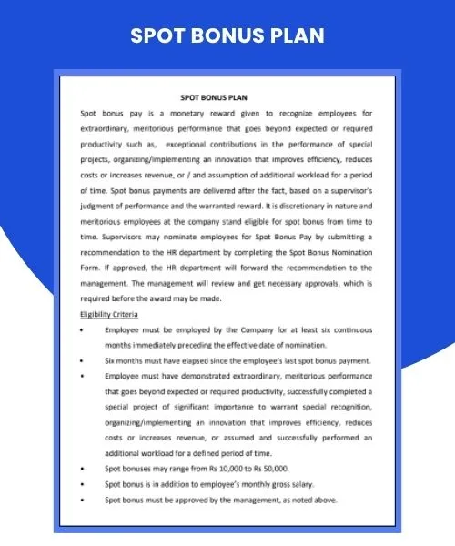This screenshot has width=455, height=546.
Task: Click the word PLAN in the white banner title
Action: click(292, 35)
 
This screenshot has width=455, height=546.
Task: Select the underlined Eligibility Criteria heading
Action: click(112, 314)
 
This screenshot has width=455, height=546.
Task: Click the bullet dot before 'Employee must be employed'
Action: click(84, 329)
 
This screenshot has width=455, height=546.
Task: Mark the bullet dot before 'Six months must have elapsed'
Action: click(84, 360)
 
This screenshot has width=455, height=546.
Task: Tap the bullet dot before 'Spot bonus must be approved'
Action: click(84, 500)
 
